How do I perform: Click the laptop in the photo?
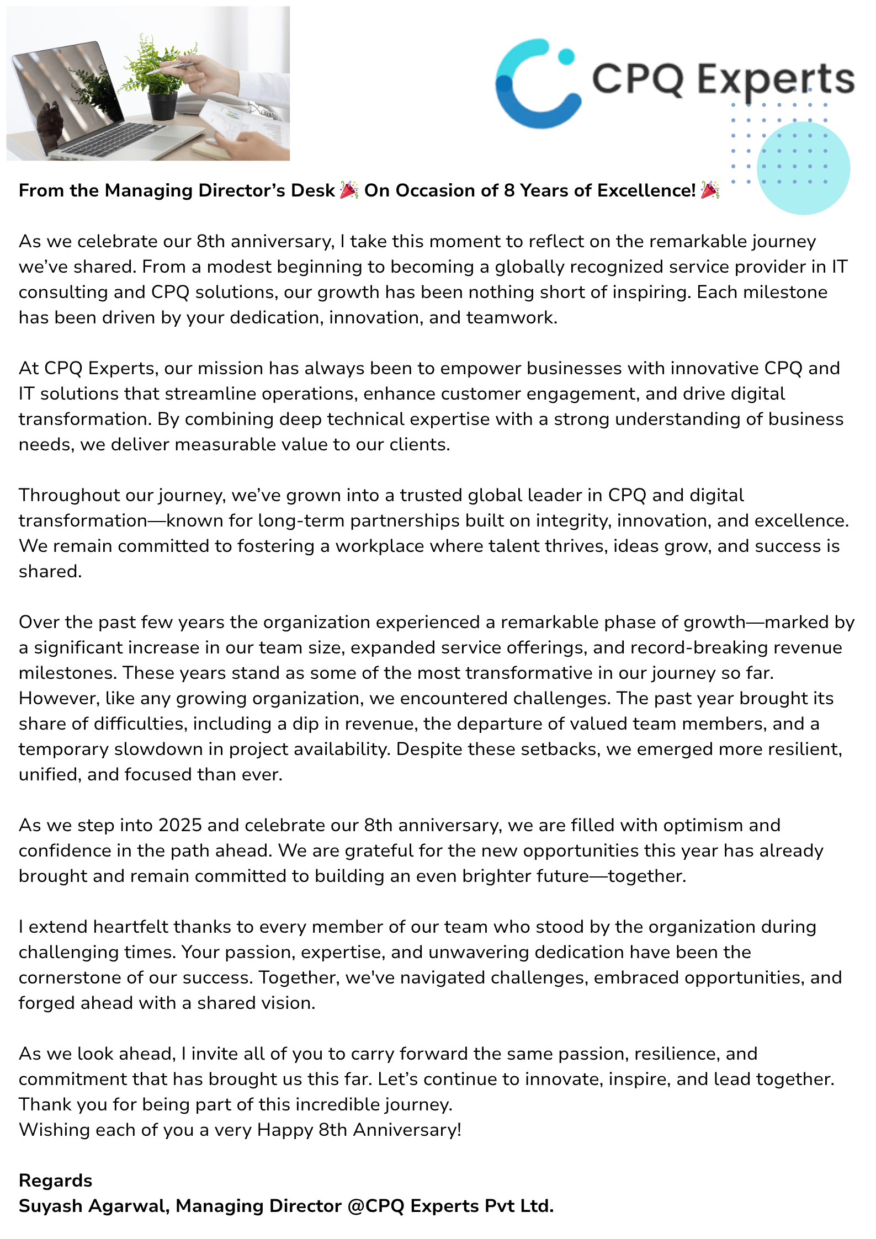pos(83,105)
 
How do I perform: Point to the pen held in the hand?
pos(177,66)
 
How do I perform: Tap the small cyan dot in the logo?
pos(566,56)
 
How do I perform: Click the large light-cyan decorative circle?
pos(803,168)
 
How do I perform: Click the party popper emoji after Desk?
pos(349,190)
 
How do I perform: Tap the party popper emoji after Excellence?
pos(710,190)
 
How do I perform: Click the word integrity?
pos(572,520)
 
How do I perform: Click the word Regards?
pos(55,1180)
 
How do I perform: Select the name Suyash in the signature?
pos(50,1206)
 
